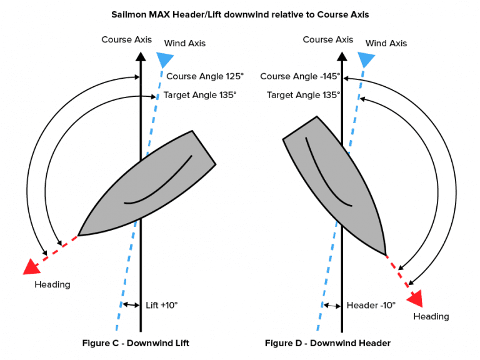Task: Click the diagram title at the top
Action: click(240, 15)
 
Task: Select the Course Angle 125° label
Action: click(205, 76)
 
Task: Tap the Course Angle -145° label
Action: click(300, 76)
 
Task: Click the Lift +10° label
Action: click(162, 305)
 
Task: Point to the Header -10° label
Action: click(371, 305)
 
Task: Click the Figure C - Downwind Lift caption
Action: click(136, 343)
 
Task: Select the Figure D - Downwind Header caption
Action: click(327, 343)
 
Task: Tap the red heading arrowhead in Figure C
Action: click(32, 267)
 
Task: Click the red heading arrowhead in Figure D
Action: click(416, 298)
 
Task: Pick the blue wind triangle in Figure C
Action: click(165, 59)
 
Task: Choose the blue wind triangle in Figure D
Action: click(366, 59)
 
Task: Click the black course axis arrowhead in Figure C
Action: click(141, 57)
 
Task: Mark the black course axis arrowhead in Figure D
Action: click(342, 57)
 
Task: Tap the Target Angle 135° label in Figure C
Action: click(200, 95)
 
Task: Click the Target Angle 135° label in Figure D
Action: click(303, 95)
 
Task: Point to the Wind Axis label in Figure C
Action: click(184, 43)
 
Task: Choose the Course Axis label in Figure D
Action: click(328, 39)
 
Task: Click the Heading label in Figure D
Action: click(431, 316)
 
